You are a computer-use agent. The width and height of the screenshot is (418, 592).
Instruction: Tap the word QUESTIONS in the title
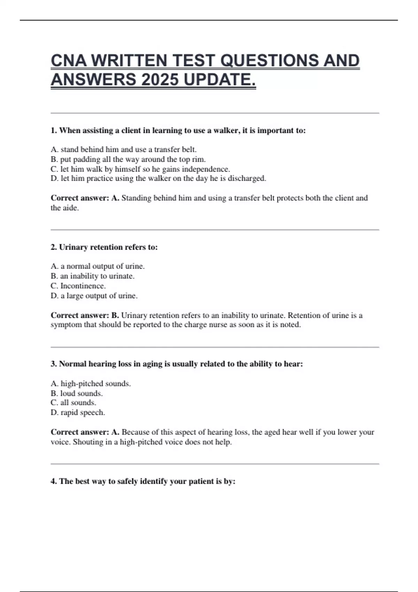click(x=269, y=61)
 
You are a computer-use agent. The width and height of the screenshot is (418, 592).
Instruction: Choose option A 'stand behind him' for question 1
click(x=124, y=149)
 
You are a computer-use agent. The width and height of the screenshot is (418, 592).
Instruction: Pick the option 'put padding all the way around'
click(x=128, y=159)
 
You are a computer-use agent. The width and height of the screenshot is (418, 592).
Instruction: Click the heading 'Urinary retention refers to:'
click(x=104, y=247)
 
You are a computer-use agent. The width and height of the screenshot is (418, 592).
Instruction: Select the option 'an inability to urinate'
click(x=93, y=276)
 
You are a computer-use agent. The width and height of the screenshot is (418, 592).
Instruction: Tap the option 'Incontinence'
click(x=78, y=286)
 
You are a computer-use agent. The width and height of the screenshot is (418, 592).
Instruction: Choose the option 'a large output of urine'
click(x=94, y=296)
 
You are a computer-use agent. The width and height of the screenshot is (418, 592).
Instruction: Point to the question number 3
click(x=54, y=364)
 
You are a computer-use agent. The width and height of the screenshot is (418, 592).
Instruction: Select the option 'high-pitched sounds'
click(x=91, y=383)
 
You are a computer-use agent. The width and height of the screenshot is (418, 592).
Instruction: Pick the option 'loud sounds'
click(x=77, y=393)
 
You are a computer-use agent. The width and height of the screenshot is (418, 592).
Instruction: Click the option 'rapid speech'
click(x=78, y=413)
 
